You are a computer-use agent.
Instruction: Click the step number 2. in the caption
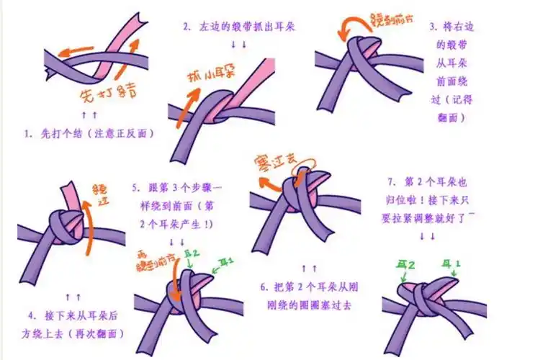[x=187, y=27]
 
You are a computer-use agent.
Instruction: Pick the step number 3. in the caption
[x=434, y=27]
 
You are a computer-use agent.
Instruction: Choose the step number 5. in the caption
[x=136, y=189]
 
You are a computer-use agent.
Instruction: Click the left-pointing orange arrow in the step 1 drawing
[x=73, y=51]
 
